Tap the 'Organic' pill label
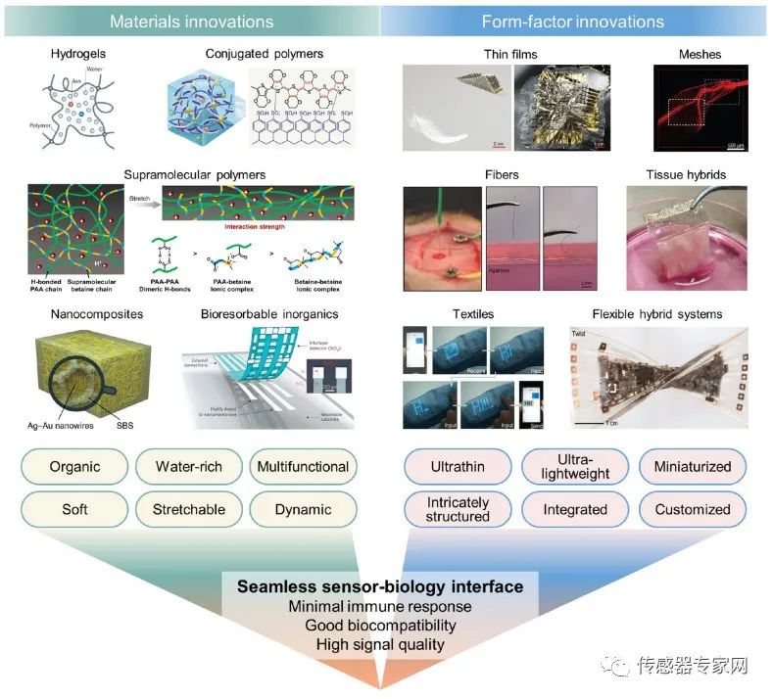75,467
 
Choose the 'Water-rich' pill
189,467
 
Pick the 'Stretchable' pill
189,509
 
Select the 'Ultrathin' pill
458,467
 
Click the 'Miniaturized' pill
693,467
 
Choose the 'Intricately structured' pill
458,509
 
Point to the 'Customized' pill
693,509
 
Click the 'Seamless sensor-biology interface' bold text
379,587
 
